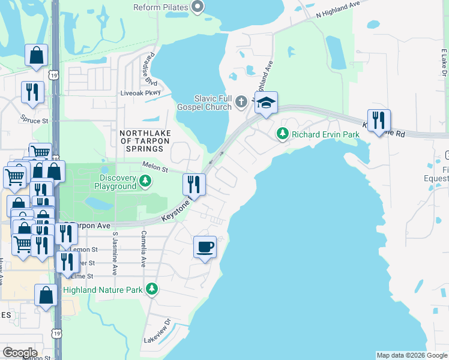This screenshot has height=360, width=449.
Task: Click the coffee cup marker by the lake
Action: (x=205, y=247)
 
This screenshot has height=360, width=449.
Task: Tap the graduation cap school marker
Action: (x=265, y=103)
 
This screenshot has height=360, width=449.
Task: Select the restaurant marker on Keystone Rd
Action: (x=379, y=121)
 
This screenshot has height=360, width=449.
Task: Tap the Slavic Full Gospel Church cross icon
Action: (x=241, y=101)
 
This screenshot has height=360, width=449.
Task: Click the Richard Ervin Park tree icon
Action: (x=283, y=134)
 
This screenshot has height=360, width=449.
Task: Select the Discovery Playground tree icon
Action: (x=145, y=181)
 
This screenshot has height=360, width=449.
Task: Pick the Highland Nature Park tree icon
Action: (x=152, y=290)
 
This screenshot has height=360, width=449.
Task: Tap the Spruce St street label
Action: (x=34, y=119)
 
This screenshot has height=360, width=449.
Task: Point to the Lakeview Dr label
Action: (x=157, y=331)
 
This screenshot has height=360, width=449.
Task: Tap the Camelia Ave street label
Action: (x=143, y=249)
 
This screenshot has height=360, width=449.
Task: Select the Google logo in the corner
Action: (x=20, y=353)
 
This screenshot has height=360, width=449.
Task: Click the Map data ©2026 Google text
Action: (x=411, y=355)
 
